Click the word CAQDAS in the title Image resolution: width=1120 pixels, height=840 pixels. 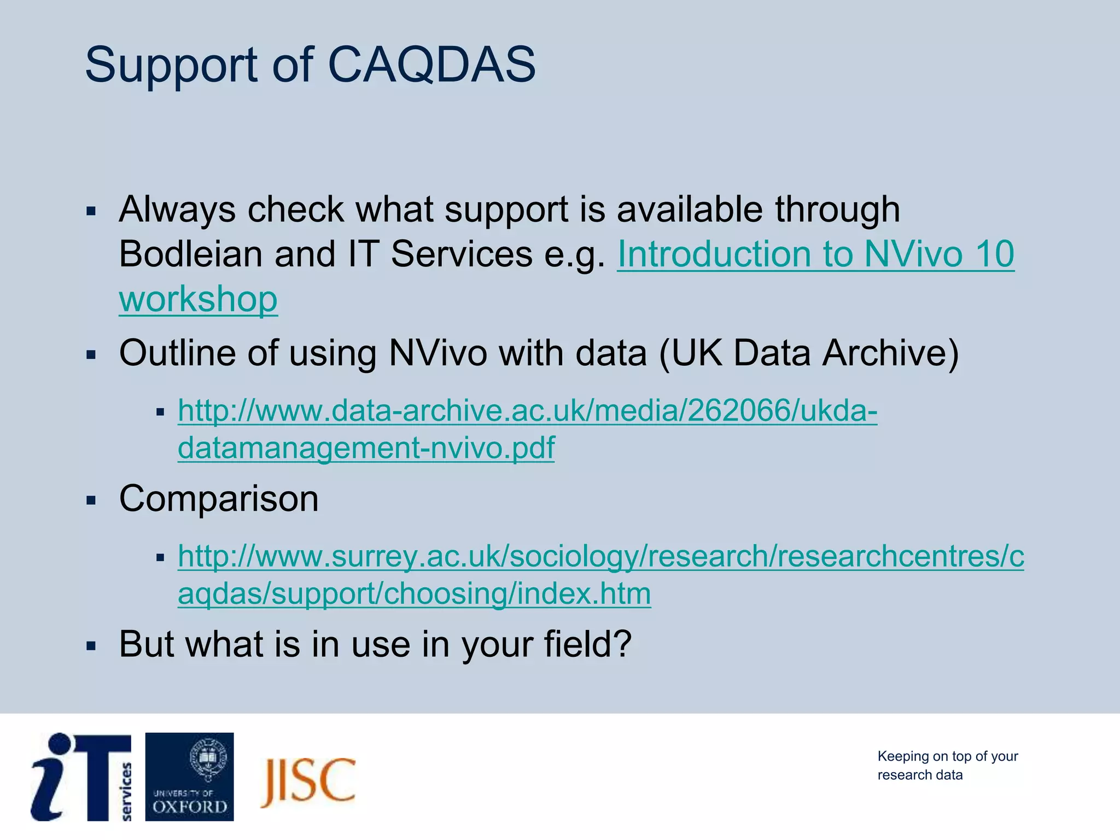pyautogui.click(x=431, y=65)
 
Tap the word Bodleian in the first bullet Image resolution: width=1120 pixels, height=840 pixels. pyautogui.click(x=191, y=254)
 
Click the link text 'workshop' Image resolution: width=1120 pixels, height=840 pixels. pyautogui.click(x=198, y=299)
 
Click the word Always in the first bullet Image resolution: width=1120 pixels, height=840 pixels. pyautogui.click(x=177, y=209)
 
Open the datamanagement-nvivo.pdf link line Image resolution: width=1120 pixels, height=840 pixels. pyautogui.click(x=366, y=448)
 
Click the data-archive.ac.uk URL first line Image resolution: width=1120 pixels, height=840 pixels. pyautogui.click(x=527, y=411)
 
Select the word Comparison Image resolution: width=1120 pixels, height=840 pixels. pyautogui.click(x=219, y=499)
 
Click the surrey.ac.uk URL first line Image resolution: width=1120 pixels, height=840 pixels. pyautogui.click(x=600, y=556)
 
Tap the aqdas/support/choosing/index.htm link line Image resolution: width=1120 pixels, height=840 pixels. pyautogui.click(x=414, y=593)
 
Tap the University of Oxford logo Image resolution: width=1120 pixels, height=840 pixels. pyautogui.click(x=189, y=777)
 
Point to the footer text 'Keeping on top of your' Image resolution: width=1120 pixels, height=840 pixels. pyautogui.click(x=947, y=756)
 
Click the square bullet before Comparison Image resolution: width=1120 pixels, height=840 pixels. pyautogui.click(x=91, y=500)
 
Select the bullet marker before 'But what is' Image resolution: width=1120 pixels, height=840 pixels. pyautogui.click(x=91, y=646)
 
